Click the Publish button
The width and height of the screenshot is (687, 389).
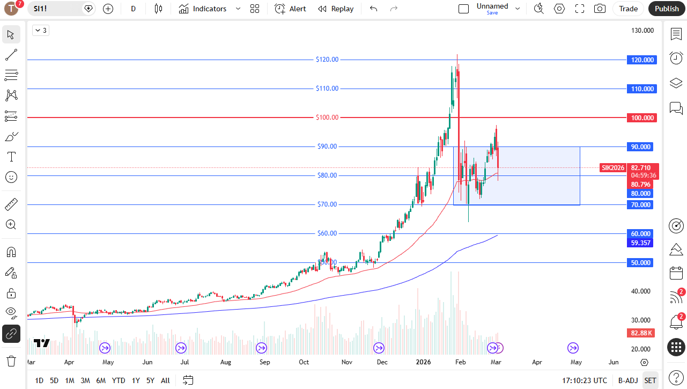pyautogui.click(x=667, y=9)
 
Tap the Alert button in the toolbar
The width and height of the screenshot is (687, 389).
pyautogui.click(x=290, y=9)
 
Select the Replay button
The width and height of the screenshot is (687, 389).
pyautogui.click(x=336, y=9)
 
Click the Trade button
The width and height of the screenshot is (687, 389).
pyautogui.click(x=628, y=9)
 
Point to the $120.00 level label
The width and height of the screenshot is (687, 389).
pyautogui.click(x=327, y=60)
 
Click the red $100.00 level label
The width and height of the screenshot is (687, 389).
pyautogui.click(x=327, y=118)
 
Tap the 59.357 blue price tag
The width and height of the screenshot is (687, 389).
pyautogui.click(x=640, y=243)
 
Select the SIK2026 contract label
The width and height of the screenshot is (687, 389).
pyautogui.click(x=613, y=168)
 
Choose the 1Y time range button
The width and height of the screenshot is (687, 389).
pyautogui.click(x=136, y=380)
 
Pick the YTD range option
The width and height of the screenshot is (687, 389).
pyautogui.click(x=119, y=380)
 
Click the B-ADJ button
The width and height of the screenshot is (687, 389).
pyautogui.click(x=627, y=380)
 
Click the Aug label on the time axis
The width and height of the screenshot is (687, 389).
pyautogui.click(x=226, y=362)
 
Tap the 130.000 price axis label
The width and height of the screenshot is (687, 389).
pyautogui.click(x=643, y=31)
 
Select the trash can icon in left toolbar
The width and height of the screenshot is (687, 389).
pyautogui.click(x=11, y=361)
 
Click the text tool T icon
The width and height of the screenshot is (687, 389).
pyautogui.click(x=11, y=157)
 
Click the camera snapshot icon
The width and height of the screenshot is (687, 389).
pyautogui.click(x=600, y=9)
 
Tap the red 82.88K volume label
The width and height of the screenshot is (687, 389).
pyautogui.click(x=641, y=333)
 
